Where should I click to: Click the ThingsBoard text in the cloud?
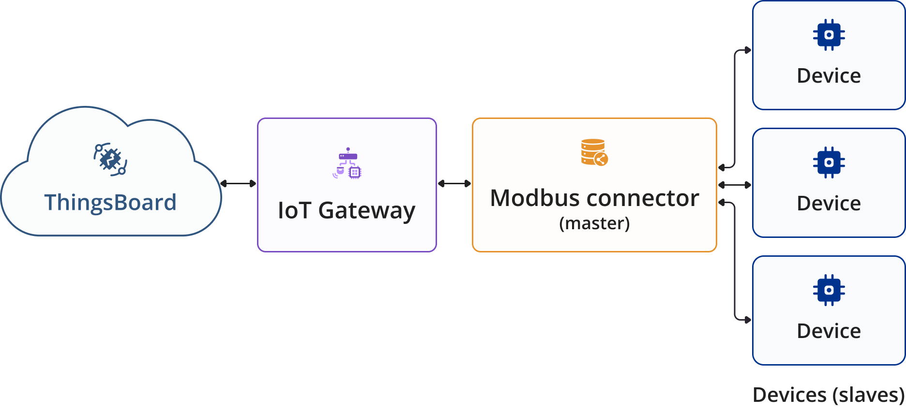tap(110, 203)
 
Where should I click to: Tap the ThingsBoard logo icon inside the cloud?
tap(110, 159)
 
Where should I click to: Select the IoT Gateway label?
tap(347, 210)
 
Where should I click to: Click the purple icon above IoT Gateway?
tap(347, 163)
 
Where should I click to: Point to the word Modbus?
tap(534, 198)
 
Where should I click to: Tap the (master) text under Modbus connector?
tap(594, 223)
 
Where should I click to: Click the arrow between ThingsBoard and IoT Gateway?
tap(238, 183)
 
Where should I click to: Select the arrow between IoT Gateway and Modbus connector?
tap(454, 183)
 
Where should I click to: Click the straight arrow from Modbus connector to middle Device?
tap(735, 185)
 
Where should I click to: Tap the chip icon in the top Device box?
tap(829, 35)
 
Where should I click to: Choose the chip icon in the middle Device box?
tap(829, 162)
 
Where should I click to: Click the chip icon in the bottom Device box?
tap(829, 290)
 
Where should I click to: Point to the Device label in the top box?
tap(829, 76)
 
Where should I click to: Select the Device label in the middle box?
tap(829, 204)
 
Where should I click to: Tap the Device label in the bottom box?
tap(829, 331)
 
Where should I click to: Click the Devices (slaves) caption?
tap(829, 395)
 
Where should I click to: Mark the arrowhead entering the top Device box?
tap(748, 50)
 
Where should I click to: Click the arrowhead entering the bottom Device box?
tap(748, 320)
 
